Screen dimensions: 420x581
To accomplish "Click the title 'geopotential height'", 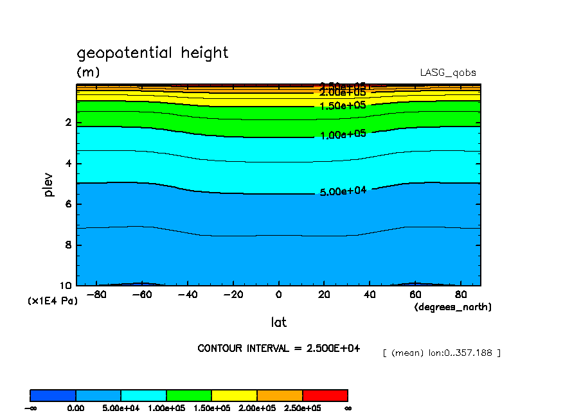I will [x=152, y=53].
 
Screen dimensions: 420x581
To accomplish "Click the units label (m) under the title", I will [x=88, y=72].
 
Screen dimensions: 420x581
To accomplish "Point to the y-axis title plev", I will [x=49, y=184].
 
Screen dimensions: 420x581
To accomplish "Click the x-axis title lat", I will [x=278, y=322].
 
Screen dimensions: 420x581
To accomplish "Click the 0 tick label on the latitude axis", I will [x=278, y=295].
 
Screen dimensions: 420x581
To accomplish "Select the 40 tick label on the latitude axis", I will [x=370, y=295].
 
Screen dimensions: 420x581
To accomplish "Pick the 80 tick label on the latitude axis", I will [x=461, y=295].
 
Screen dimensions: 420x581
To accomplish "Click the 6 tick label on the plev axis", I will [x=68, y=204].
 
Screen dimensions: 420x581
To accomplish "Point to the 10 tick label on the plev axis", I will [x=66, y=285].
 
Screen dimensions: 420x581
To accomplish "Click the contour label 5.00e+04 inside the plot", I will [x=343, y=191].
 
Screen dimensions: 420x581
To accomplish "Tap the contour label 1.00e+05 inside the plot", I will [x=343, y=134].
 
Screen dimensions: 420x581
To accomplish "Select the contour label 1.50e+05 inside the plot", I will [x=343, y=105].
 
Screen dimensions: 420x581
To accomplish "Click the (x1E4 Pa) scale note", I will [x=52, y=301].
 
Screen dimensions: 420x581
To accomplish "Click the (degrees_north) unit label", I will [x=452, y=307].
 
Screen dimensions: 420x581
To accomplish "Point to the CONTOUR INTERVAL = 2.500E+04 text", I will [x=278, y=349].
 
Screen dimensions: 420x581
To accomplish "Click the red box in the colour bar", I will [x=325, y=395].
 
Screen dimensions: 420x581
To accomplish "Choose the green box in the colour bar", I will [x=189, y=395].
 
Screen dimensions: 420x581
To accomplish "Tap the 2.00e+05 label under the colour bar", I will [x=256, y=408].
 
